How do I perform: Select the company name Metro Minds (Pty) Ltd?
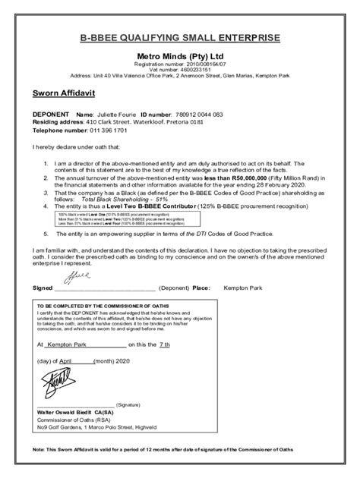(180, 56)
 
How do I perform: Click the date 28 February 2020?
(277, 184)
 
